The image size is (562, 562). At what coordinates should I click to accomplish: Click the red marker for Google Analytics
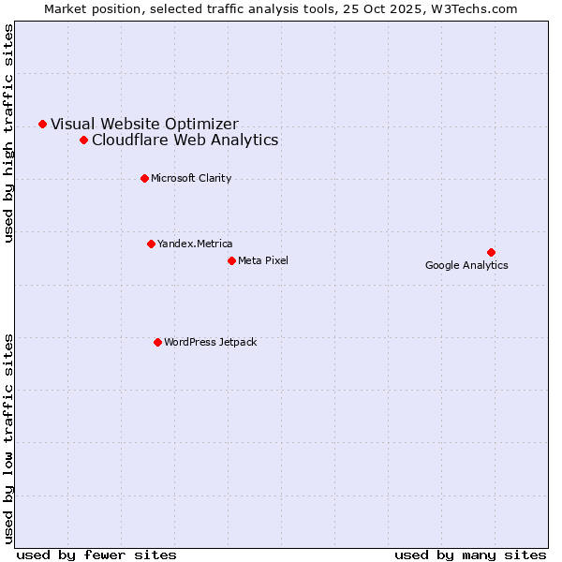tap(491, 252)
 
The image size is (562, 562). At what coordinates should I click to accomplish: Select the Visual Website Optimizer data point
tap(42, 124)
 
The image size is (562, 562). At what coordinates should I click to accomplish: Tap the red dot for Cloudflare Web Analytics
tap(83, 140)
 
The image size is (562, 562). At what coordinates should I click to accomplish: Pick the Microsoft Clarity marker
tap(144, 178)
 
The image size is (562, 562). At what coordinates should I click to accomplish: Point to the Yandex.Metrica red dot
tap(151, 244)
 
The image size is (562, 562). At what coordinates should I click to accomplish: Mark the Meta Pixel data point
tap(231, 260)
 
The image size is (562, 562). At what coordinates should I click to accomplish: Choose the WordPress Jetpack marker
tap(157, 342)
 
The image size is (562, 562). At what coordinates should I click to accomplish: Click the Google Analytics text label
tap(466, 265)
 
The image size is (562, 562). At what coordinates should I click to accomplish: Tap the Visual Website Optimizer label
tap(144, 124)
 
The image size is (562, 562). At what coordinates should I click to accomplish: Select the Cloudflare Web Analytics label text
tap(185, 140)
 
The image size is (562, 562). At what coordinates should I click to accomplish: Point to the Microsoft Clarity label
tap(191, 178)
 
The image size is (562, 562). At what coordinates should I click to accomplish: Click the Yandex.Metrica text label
tap(195, 244)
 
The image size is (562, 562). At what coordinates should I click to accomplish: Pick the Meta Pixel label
tap(263, 260)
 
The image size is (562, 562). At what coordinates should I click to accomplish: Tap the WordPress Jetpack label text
tap(210, 342)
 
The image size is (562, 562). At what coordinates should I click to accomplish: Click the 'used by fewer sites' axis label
tap(96, 555)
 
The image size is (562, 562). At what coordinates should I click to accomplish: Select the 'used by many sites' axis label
tap(470, 555)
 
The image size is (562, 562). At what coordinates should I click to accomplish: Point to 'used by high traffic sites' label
tap(9, 133)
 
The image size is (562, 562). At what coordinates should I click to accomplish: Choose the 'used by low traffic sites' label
tap(9, 437)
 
